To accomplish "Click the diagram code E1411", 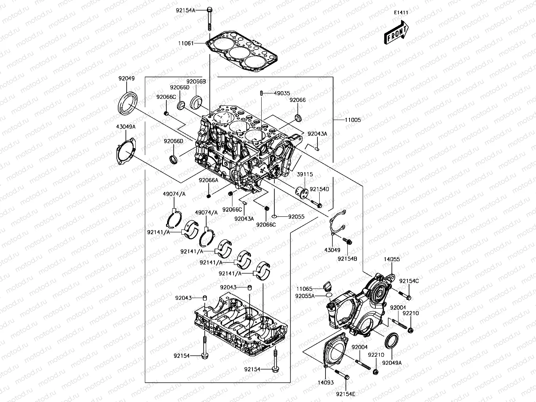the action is (x=401, y=13).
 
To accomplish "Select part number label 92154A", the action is (x=186, y=11).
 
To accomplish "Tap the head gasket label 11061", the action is (x=186, y=43).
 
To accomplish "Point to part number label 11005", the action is (x=353, y=120).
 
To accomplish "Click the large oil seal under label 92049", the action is (x=127, y=103).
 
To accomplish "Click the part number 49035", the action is (x=282, y=93).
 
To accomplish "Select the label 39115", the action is (x=305, y=174).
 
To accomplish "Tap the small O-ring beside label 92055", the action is (x=274, y=216).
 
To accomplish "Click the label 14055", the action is (x=392, y=259).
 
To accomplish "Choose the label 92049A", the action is (x=392, y=363).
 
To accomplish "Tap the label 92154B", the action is (x=347, y=259).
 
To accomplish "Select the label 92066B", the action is (x=196, y=81).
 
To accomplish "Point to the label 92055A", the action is (x=305, y=296).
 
